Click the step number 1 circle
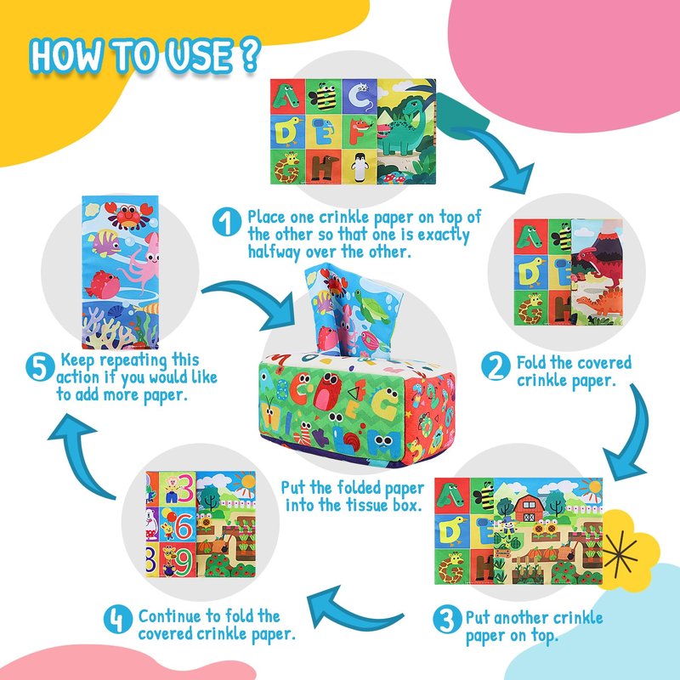tap(227, 222)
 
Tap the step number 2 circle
tap(496, 367)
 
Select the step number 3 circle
tap(446, 620)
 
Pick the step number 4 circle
tap(118, 619)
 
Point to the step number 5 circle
tap(40, 367)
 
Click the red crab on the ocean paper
tap(128, 214)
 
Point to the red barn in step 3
tap(529, 508)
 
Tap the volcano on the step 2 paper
tap(602, 243)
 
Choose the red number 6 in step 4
tap(184, 524)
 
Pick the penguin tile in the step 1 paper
tap(359, 167)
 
